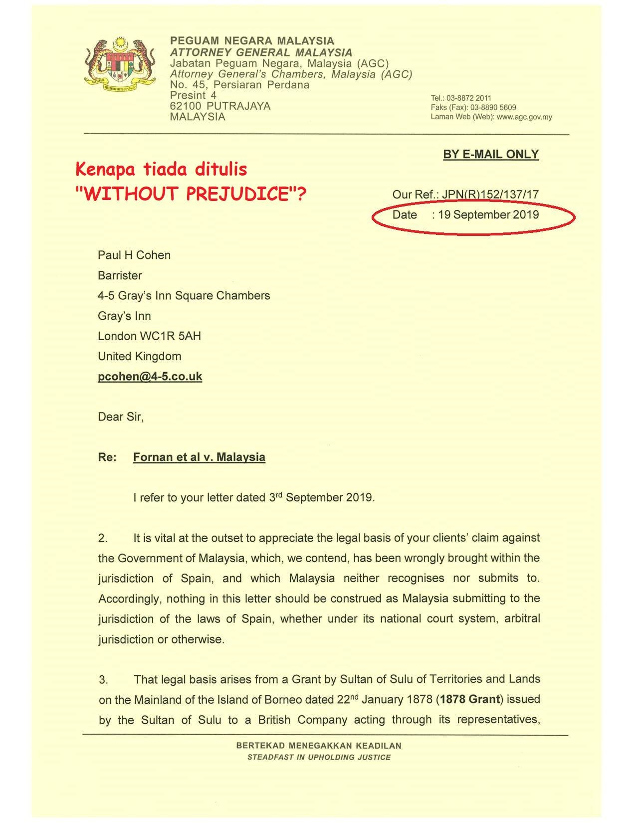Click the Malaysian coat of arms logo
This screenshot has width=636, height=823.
pyautogui.click(x=120, y=64)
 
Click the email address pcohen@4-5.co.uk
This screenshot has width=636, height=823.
pyautogui.click(x=150, y=377)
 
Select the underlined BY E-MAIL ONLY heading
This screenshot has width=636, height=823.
pyautogui.click(x=491, y=154)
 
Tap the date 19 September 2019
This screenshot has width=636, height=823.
pyautogui.click(x=488, y=215)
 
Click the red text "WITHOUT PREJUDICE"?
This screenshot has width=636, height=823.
pyautogui.click(x=190, y=194)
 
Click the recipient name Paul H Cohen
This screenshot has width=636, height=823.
pyautogui.click(x=134, y=255)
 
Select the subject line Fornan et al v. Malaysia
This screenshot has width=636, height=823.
pyautogui.click(x=199, y=457)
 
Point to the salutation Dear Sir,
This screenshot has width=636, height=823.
pyautogui.click(x=121, y=417)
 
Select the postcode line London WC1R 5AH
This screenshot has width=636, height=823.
pyautogui.click(x=149, y=336)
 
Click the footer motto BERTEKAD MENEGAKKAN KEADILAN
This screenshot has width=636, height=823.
pyautogui.click(x=319, y=746)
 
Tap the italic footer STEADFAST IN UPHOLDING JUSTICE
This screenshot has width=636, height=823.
pyautogui.click(x=319, y=757)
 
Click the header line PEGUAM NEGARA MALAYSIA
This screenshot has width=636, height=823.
pyautogui.click(x=252, y=41)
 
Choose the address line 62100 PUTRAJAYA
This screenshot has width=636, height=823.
pyautogui.click(x=220, y=106)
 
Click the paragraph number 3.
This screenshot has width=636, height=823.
pyautogui.click(x=103, y=679)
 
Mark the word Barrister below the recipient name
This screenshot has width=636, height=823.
pyautogui.click(x=120, y=276)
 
